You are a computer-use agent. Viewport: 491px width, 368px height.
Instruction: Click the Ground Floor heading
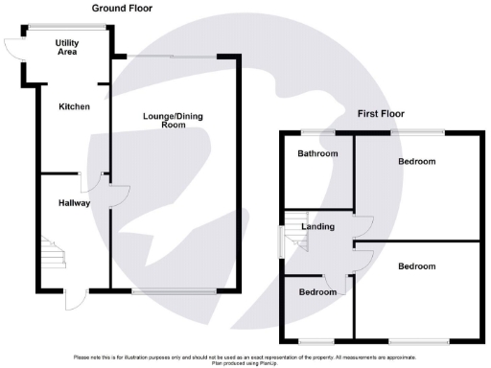pos(122,8)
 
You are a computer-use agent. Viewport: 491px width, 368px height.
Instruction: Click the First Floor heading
pos(381,113)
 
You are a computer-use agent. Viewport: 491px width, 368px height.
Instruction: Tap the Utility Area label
pos(67,48)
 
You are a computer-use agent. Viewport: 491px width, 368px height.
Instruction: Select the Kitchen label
pos(74,106)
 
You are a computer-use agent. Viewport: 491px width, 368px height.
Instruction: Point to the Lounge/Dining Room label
pos(173,121)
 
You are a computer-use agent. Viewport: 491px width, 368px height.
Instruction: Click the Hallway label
pos(74,203)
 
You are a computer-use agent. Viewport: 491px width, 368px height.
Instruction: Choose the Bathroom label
pos(316,153)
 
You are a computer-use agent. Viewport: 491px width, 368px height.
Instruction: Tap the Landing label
pos(317,227)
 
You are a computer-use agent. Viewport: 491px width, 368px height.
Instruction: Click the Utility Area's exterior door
pos(13,48)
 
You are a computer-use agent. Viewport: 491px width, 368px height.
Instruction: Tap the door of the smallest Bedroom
pos(336,286)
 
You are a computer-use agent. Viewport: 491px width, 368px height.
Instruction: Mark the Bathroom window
pos(316,131)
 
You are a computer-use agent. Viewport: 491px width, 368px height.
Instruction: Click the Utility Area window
pos(67,26)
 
